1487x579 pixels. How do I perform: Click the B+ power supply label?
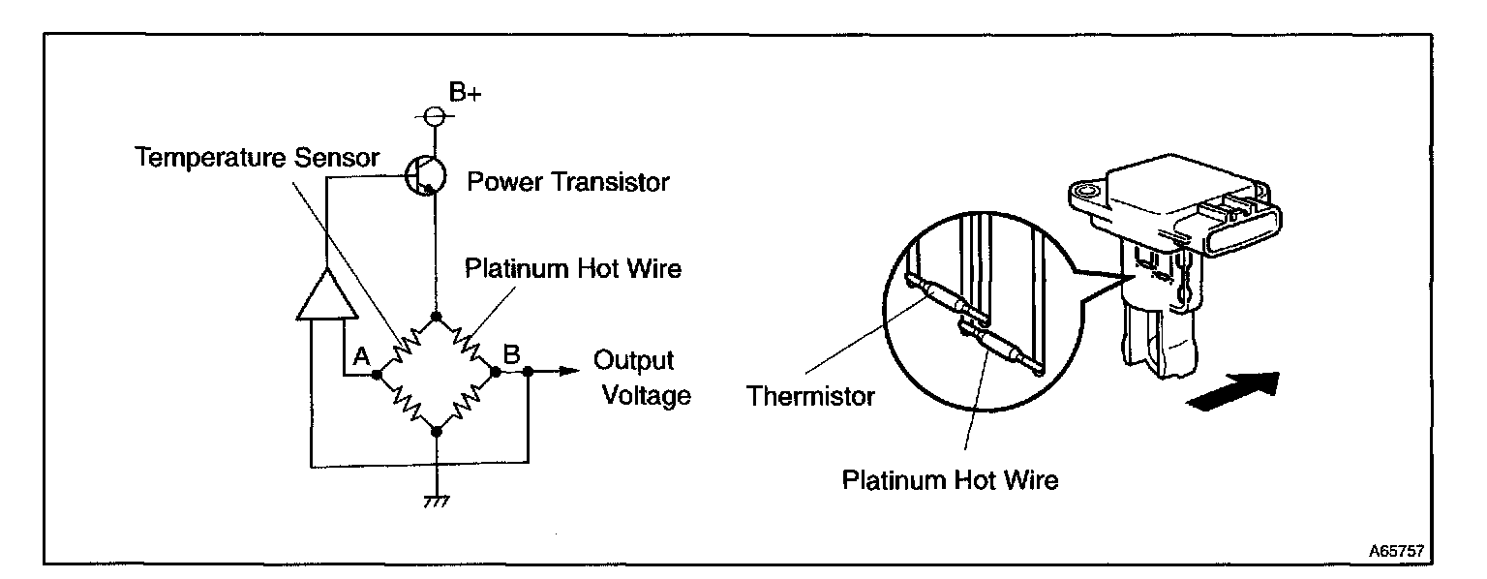466,93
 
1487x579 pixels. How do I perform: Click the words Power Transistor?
568,182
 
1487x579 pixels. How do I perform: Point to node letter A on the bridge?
362,356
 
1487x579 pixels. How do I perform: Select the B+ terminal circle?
436,117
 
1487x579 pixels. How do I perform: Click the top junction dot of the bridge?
437,317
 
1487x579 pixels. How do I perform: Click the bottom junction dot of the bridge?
437,433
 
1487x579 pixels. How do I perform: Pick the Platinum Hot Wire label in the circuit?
573,268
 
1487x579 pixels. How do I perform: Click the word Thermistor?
812,397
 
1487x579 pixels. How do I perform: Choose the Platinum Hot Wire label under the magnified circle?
950,479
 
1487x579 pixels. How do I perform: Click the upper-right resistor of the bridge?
467,343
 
